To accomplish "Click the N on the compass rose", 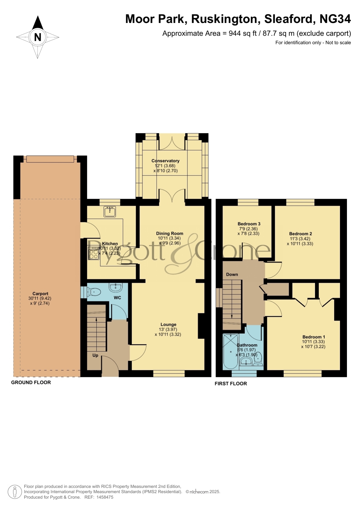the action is click(38, 37).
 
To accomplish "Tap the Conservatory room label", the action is click(165, 161).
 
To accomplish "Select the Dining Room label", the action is click(170, 233).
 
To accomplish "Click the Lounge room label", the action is click(168, 325).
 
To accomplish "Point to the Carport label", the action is click(40, 294).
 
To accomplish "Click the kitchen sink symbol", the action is click(110, 212).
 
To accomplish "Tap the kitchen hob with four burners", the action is click(94, 253).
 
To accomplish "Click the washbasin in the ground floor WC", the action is click(116, 287).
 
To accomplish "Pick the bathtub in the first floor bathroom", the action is click(231, 352).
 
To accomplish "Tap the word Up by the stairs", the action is click(95, 355).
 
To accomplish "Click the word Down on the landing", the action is click(232, 274).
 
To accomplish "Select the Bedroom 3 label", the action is click(249, 224).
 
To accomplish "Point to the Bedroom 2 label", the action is click(301, 234).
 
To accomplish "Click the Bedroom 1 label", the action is click(314, 337).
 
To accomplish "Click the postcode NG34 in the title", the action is click(335, 19).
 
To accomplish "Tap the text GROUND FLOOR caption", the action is click(31, 382).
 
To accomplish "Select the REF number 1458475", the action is click(105, 497).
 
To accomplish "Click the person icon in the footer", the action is click(15, 492).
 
